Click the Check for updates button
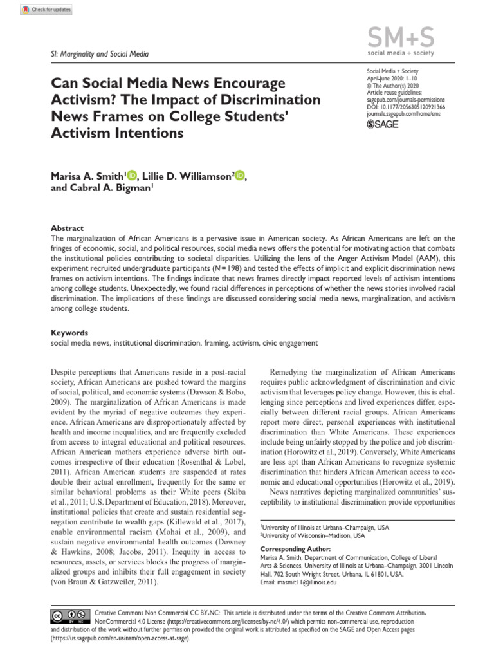[x=46, y=10]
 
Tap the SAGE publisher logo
[x=382, y=124]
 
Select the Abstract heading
[x=67, y=228]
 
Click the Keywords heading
[x=69, y=333]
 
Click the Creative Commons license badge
[x=69, y=617]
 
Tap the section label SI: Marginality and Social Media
[x=100, y=53]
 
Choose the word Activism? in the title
[x=80, y=100]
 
